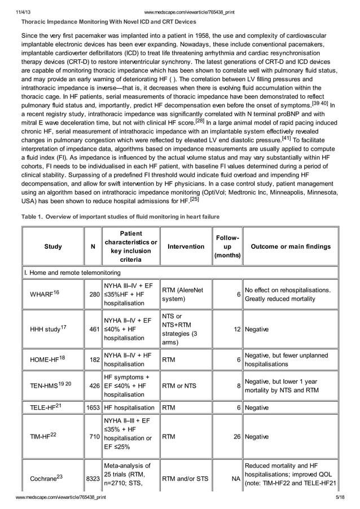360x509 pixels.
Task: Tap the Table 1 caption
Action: (x=120, y=216)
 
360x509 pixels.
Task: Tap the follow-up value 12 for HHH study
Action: (x=236, y=328)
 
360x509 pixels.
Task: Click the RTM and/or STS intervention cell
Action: (x=185, y=479)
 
